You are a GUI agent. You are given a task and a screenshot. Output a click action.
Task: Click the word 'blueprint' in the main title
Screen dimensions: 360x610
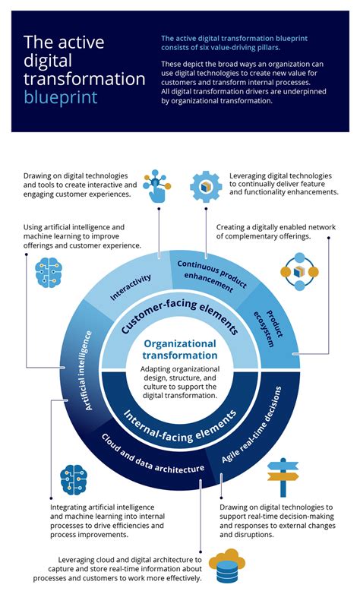point(61,97)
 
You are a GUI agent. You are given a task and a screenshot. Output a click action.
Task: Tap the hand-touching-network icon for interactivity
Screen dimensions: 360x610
point(156,186)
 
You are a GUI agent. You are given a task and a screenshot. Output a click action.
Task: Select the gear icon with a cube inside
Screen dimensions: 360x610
point(206,187)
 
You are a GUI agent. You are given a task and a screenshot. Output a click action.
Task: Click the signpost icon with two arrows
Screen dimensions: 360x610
point(283,477)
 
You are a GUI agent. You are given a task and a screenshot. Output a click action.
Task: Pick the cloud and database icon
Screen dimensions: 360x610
point(227,566)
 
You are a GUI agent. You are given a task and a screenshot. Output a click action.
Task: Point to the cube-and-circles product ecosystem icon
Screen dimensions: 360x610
point(299,271)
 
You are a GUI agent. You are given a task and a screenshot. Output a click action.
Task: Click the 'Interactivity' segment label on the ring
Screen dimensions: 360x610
point(131,287)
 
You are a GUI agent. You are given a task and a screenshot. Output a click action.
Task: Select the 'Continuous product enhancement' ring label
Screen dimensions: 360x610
point(210,276)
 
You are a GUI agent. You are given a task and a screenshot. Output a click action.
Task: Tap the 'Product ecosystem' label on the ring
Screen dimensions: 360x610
point(268,328)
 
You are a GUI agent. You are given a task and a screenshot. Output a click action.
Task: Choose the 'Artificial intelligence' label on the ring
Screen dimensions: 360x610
point(89,371)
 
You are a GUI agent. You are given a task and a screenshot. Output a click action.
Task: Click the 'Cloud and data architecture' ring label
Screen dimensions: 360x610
point(152,454)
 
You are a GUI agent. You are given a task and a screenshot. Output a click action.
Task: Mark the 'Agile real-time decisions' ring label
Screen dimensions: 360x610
point(252,425)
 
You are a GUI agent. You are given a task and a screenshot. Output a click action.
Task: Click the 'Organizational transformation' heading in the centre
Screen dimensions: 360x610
point(180,349)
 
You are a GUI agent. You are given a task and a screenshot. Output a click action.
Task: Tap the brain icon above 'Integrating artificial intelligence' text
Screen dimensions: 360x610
point(74,479)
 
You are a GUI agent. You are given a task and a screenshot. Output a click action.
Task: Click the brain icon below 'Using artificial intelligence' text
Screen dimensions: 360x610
point(49,273)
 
